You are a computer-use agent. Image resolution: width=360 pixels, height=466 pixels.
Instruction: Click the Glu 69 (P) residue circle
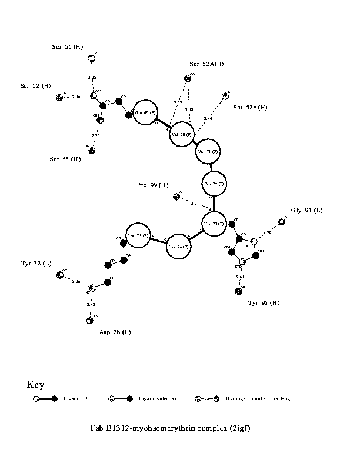point(146,112)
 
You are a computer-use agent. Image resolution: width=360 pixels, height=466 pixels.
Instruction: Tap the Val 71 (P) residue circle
point(209,152)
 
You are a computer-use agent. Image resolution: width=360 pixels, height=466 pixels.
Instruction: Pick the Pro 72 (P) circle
point(214,184)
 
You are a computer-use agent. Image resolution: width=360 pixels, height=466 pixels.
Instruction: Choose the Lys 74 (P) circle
point(180,247)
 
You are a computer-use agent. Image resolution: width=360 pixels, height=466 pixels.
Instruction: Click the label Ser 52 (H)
point(33,86)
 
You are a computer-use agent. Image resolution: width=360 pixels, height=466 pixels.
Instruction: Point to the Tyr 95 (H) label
point(263,302)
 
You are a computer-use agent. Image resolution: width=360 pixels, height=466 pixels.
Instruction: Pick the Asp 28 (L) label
point(115,332)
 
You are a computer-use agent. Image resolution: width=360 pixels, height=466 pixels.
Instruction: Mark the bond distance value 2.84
point(208,119)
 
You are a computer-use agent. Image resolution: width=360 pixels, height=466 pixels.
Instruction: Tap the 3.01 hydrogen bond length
point(195,204)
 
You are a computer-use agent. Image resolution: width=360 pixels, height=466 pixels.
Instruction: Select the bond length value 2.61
point(239,277)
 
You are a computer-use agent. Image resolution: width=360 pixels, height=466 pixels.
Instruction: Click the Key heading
point(36,385)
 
